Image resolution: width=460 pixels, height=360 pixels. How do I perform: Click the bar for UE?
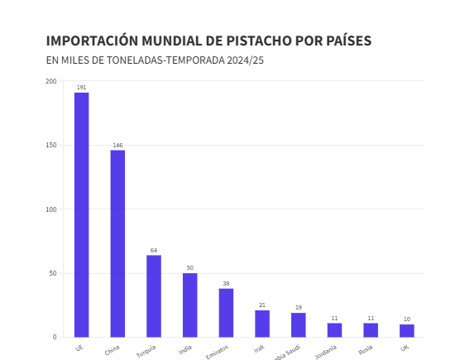pyautogui.click(x=81, y=214)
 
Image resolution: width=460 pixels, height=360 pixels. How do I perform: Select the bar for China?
pyautogui.click(x=117, y=243)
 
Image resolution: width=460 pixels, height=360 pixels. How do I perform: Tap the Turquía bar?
pyautogui.click(x=154, y=295)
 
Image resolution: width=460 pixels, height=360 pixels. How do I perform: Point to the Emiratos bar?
pyautogui.click(x=226, y=312)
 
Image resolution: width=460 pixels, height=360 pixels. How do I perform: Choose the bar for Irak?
pyautogui.click(x=262, y=324)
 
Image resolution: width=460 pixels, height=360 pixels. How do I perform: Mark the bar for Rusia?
pyautogui.click(x=371, y=329)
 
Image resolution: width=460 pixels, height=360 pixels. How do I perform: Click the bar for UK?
pyautogui.click(x=406, y=330)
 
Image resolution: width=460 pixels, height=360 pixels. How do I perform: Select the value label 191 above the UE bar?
pyautogui.click(x=81, y=87)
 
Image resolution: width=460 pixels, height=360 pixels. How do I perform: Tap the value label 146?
pyautogui.click(x=117, y=145)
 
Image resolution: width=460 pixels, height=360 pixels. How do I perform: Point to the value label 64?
pyautogui.click(x=154, y=250)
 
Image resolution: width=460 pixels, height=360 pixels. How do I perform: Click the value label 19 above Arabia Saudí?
pyautogui.click(x=299, y=307)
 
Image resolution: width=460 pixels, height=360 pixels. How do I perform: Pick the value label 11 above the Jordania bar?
pyautogui.click(x=334, y=318)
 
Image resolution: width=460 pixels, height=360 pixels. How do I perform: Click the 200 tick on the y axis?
pyautogui.click(x=51, y=81)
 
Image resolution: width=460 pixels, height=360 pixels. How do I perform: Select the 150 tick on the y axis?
pyautogui.click(x=51, y=145)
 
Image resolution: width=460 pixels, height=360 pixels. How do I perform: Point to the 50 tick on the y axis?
pyautogui.click(x=53, y=273)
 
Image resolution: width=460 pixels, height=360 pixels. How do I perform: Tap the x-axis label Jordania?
pyautogui.click(x=326, y=352)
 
